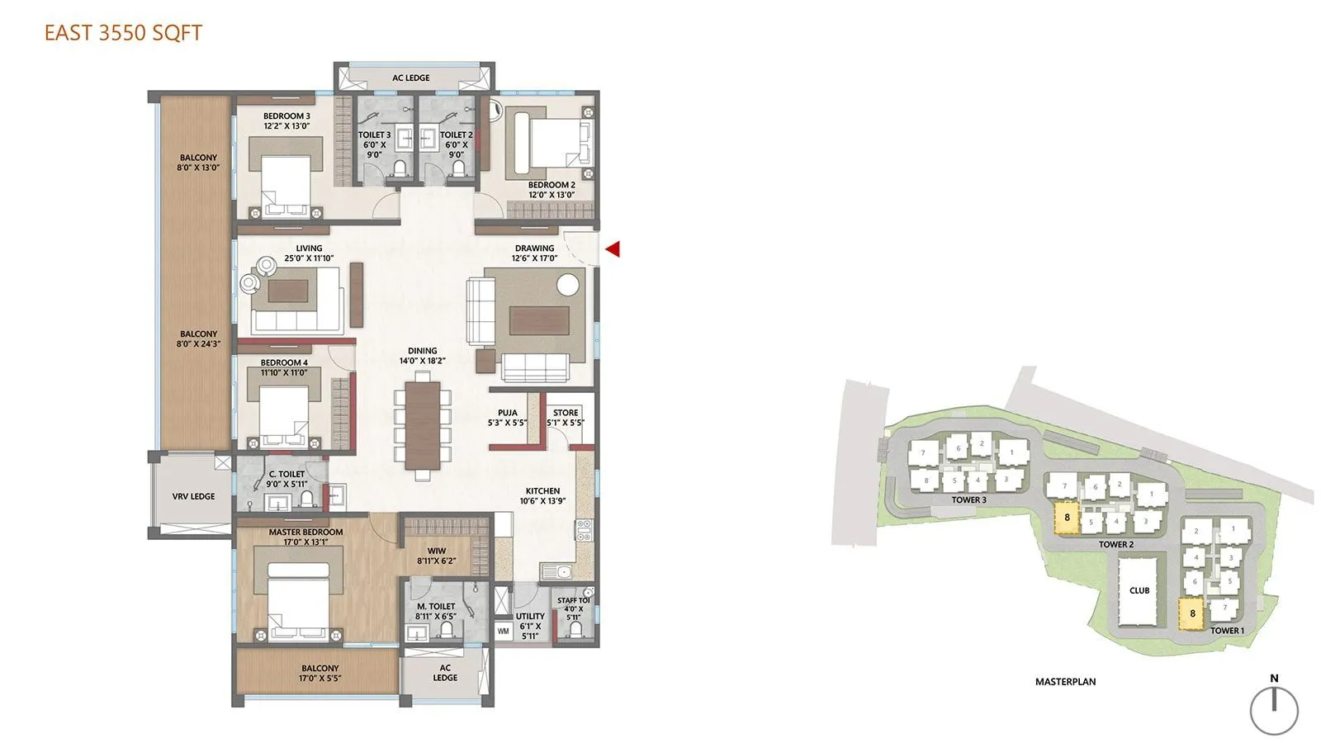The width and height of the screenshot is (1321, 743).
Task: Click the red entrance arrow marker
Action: coord(613,248)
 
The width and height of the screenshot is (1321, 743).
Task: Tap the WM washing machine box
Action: coord(504,632)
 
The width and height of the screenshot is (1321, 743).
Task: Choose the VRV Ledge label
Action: coord(193,496)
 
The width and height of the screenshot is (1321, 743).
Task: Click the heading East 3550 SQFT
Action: coord(123,33)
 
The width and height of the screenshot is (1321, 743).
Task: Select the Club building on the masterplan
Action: coord(1139,589)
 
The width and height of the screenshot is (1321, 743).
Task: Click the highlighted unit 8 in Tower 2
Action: coord(1067,518)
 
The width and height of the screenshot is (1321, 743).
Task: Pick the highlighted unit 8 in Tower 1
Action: coord(1192,613)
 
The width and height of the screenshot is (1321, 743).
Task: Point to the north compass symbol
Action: coord(1274,709)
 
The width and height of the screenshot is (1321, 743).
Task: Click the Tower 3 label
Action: coord(968,499)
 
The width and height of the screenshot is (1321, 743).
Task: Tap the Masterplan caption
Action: coord(1065,682)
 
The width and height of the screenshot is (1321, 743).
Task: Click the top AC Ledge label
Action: coord(411,78)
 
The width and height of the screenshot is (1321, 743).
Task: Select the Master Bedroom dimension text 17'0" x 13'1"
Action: coord(305,542)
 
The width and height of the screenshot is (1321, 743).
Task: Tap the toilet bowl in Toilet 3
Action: coord(400,168)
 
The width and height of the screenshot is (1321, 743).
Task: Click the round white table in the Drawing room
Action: coord(568,284)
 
